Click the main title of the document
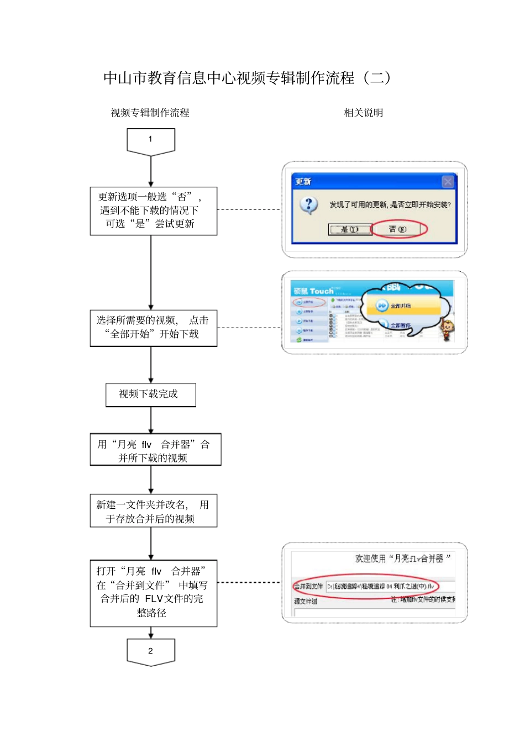tap(247, 78)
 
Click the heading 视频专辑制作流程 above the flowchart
tap(150, 113)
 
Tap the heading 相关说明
tap(363, 113)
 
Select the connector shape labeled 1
tap(150, 140)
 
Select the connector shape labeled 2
tap(150, 651)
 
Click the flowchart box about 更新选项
tap(153, 210)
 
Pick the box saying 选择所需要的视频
tap(153, 328)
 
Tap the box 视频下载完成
tap(150, 394)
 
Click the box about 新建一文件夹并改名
tap(153, 511)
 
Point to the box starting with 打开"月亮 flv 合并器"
tap(153, 592)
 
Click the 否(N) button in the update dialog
tap(398, 229)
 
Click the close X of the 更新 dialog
tap(448, 181)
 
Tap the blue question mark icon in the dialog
tap(309, 205)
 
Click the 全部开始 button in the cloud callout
tap(395, 305)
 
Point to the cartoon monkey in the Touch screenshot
tap(446, 329)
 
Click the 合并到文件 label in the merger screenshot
tap(308, 586)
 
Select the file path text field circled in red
tap(381, 586)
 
